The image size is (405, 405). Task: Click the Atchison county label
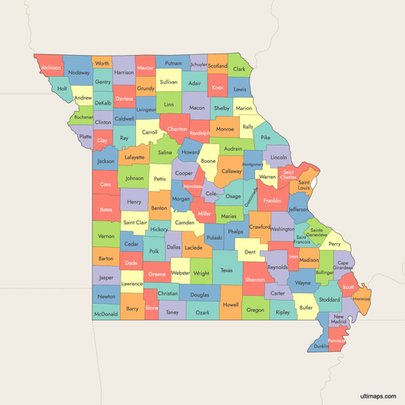pyautogui.click(x=51, y=67)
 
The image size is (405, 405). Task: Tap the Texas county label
pyautogui.click(x=227, y=271)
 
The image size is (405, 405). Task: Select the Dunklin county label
pyautogui.click(x=322, y=346)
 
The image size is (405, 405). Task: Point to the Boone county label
pyautogui.click(x=208, y=161)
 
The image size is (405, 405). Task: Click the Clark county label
pyautogui.click(x=240, y=70)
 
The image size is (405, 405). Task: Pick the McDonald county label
pyautogui.click(x=105, y=313)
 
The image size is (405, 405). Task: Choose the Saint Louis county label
pyautogui.click(x=304, y=186)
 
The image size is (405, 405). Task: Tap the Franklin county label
pyautogui.click(x=272, y=200)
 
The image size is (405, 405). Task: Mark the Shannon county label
pyautogui.click(x=254, y=279)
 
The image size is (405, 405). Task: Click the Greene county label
pyautogui.click(x=157, y=275)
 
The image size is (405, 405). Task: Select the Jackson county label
pyautogui.click(x=105, y=161)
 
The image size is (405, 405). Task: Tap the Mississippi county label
pyautogui.click(x=360, y=299)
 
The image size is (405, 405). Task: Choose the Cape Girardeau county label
pyautogui.click(x=343, y=266)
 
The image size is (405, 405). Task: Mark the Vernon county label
pyautogui.click(x=106, y=236)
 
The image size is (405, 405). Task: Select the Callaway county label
pyautogui.click(x=232, y=172)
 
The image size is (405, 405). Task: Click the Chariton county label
pyautogui.click(x=177, y=129)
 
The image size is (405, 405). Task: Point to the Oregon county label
pyautogui.click(x=255, y=310)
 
